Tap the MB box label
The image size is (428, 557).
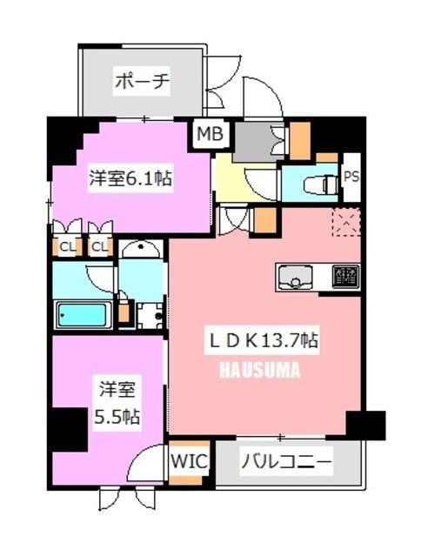tap(210, 134)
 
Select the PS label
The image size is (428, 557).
tap(351, 177)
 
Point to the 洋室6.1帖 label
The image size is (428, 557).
tap(130, 179)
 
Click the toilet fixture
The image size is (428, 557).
tap(318, 185)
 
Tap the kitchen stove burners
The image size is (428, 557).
tap(346, 278)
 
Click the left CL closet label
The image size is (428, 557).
tap(66, 246)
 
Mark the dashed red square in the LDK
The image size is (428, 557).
tap(346, 223)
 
